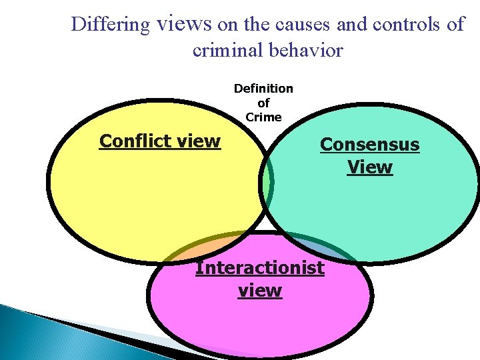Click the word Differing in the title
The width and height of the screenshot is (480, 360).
[110, 25]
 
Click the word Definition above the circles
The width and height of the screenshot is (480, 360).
[263, 89]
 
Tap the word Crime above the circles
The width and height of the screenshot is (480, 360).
[263, 117]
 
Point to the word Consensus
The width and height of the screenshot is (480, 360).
[370, 145]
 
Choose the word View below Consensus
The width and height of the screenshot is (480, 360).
[370, 167]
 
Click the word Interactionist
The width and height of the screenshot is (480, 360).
[260, 268]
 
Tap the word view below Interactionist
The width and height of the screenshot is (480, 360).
[260, 291]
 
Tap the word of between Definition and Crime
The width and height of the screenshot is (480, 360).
[263, 103]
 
